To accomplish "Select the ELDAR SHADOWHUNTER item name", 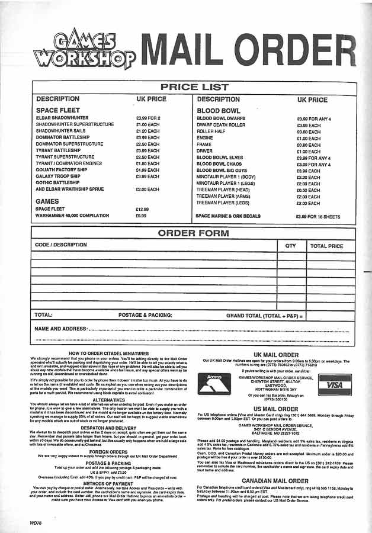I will (62, 118).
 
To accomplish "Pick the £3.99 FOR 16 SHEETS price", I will (319, 217).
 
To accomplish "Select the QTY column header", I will (290, 245).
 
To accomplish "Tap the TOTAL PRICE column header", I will (326, 245).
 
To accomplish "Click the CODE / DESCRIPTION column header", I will (60, 245).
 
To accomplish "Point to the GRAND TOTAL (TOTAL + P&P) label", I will (263, 316).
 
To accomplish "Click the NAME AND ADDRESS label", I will (60, 328).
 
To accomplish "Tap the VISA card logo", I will (335, 384).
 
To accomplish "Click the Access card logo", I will (214, 384).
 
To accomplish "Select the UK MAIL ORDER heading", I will (275, 354).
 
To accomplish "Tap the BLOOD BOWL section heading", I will (219, 111).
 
